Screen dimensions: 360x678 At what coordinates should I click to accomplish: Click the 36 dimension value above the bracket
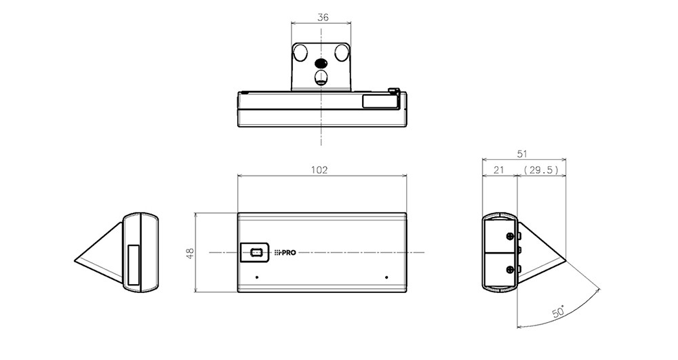323,18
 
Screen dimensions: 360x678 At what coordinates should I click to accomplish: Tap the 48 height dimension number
191,252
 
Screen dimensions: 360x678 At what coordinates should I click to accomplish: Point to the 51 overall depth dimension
521,154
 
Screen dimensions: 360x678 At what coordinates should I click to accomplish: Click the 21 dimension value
498,170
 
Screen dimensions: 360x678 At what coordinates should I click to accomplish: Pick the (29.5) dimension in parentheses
541,170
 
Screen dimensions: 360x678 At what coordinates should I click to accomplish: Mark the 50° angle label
558,313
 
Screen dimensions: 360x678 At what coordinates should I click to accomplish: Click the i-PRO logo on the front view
285,252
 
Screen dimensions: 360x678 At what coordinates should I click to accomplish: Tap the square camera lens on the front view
256,252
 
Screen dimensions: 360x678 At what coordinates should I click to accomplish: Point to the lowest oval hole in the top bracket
321,77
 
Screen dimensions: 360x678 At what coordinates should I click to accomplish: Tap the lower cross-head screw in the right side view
509,270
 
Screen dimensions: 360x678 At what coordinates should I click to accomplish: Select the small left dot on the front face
257,277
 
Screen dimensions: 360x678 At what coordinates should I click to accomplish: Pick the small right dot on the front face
386,277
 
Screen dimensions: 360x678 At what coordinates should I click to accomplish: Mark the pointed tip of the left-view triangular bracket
76,259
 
